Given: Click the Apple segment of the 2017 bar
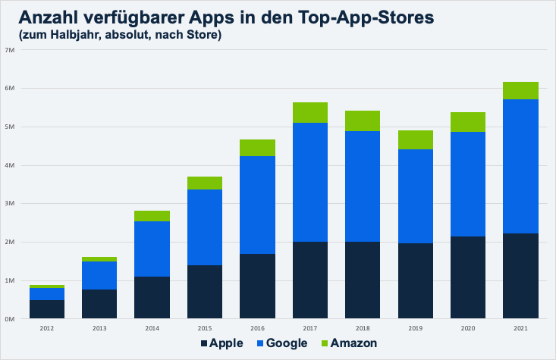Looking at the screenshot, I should pyautogui.click(x=309, y=280).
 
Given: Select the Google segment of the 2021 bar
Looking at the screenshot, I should pyautogui.click(x=520, y=166).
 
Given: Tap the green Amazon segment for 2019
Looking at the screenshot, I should pyautogui.click(x=415, y=139).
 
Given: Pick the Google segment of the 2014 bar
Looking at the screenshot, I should pyautogui.click(x=152, y=249).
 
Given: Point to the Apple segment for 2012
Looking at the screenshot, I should pyautogui.click(x=46, y=309).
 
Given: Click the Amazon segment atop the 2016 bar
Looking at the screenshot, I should pyautogui.click(x=257, y=148).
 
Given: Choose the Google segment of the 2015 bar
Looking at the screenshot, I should pyautogui.click(x=204, y=227).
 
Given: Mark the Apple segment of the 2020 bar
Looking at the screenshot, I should pyautogui.click(x=467, y=277).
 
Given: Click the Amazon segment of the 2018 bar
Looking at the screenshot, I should pyautogui.click(x=362, y=121).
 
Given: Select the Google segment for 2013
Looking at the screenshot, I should pyautogui.click(x=99, y=275).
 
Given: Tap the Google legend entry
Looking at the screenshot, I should pyautogui.click(x=280, y=343).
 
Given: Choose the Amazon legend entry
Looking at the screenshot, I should pyautogui.click(x=347, y=343).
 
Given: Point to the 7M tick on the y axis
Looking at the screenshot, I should pyautogui.click(x=10, y=50).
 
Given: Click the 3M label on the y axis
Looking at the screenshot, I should pyautogui.click(x=10, y=204).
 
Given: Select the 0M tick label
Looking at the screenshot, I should pyautogui.click(x=10, y=319).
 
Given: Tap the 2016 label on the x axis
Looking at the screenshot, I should pyautogui.click(x=257, y=328).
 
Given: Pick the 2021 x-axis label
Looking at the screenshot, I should pyautogui.click(x=520, y=328).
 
